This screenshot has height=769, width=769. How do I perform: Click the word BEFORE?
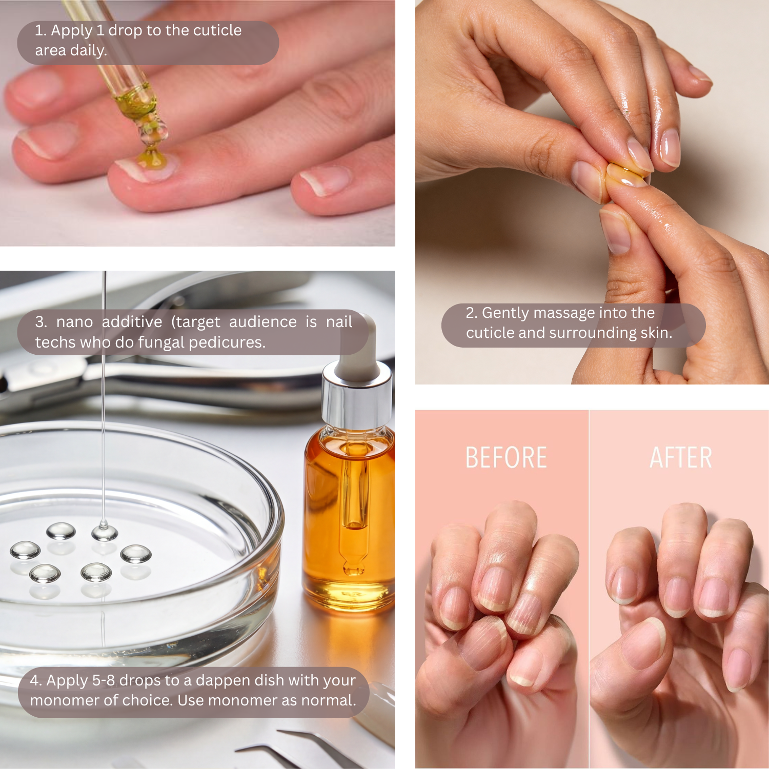coord(506,458)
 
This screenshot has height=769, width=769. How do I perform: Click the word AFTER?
coord(681,458)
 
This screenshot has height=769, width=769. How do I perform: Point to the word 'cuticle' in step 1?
coord(217,31)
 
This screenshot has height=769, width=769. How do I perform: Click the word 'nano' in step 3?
coord(74,322)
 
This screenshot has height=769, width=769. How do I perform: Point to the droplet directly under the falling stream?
coord(105,532)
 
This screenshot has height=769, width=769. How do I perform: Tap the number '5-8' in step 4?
coord(103,680)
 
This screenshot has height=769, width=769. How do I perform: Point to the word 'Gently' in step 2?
coord(504,313)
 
